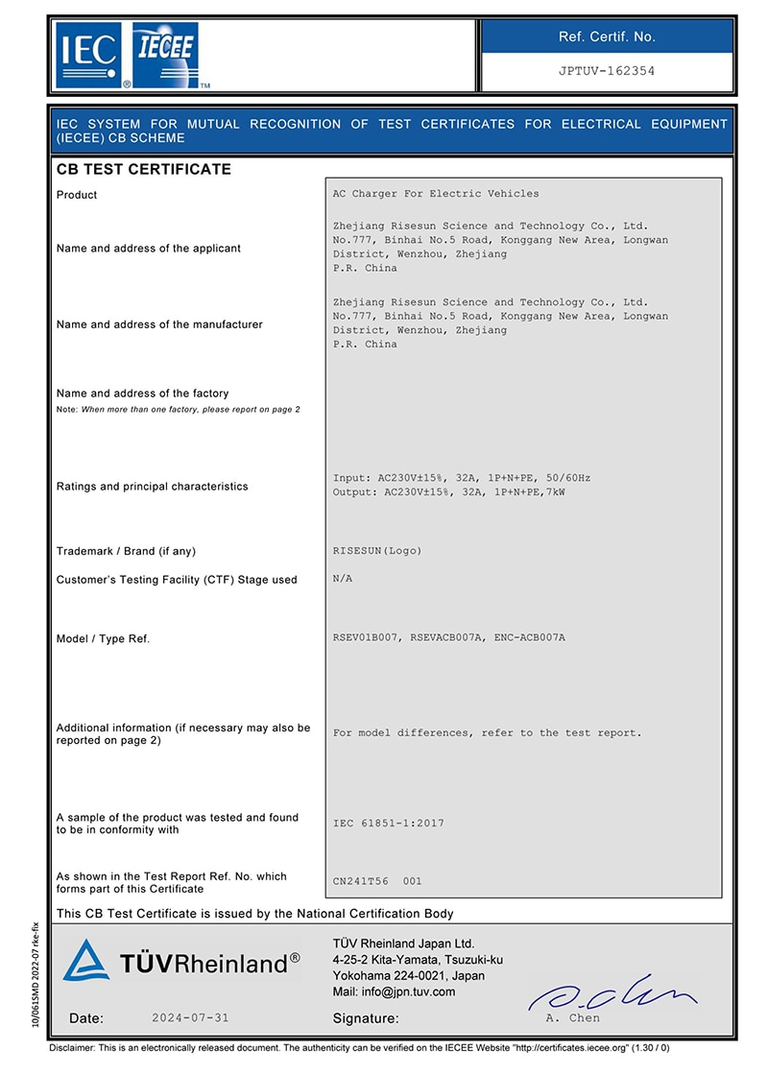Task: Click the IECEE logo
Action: coord(165,56)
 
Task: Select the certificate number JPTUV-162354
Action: coord(606,71)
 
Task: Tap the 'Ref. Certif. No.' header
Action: coord(606,36)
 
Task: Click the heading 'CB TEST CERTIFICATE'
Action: coord(144,170)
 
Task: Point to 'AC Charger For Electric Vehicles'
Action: coord(436,194)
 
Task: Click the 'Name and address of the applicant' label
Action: coord(149,249)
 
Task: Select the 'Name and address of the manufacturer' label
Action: coord(159,324)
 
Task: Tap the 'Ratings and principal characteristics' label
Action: coord(152,487)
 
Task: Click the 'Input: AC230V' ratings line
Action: coord(462,478)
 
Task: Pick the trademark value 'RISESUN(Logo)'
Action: coord(377,551)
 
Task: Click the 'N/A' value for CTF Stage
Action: coord(343,579)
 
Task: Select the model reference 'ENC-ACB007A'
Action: coord(530,637)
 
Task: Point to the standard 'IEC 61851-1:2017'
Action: coord(389,824)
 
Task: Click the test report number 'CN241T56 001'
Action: coord(377,881)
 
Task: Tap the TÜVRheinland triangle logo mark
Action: coord(85,960)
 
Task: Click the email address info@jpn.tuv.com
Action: coord(394,991)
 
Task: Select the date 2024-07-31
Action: coord(191,1017)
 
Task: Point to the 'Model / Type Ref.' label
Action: coord(104,638)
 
